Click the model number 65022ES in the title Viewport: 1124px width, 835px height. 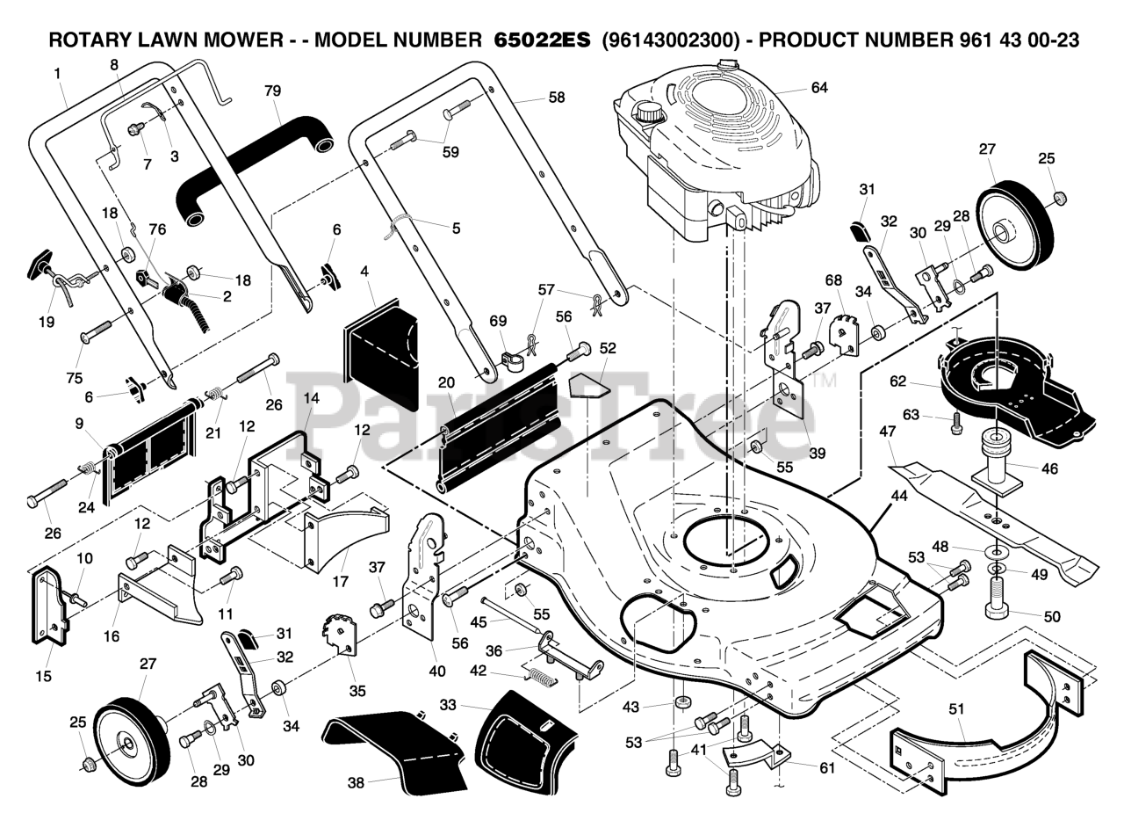542,40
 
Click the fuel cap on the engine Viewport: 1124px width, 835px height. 650,112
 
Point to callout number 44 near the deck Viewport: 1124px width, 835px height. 898,495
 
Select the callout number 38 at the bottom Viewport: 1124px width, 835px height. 356,783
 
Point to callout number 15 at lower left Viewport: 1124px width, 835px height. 44,676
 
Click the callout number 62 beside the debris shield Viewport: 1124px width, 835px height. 897,381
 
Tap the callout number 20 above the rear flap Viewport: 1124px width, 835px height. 446,382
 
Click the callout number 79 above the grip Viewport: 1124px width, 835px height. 272,91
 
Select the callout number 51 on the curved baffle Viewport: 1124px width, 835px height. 956,708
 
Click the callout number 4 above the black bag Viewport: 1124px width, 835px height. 364,272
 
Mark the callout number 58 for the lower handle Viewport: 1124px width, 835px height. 557,98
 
